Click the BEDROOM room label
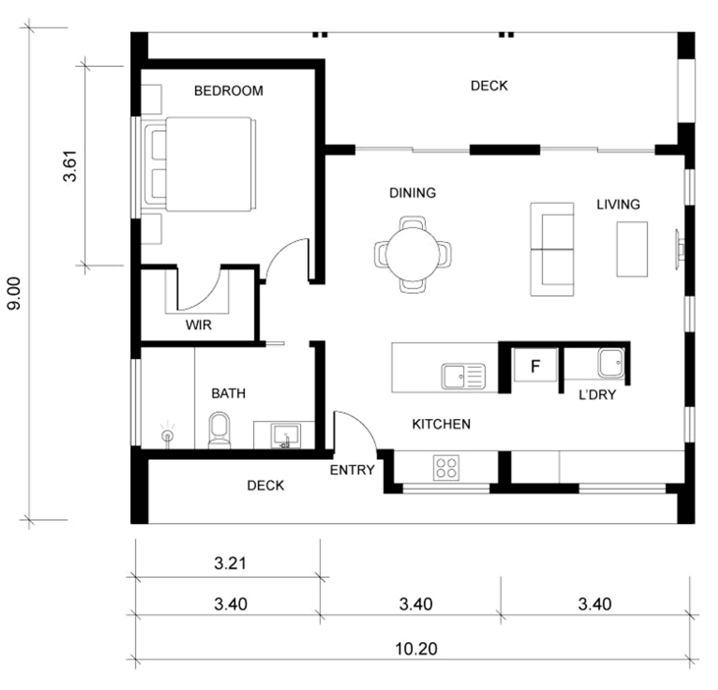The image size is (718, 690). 229,91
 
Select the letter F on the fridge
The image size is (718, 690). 535,366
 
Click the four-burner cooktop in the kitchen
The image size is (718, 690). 446,468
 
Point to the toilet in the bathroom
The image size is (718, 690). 219,430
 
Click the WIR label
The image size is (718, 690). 198,325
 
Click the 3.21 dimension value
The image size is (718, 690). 230,563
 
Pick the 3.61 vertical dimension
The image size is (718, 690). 70,166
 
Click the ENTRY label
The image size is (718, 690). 352,470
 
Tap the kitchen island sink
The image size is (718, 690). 463,376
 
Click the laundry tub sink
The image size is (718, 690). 611,363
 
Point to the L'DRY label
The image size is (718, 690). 597,395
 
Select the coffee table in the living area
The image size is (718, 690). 632,249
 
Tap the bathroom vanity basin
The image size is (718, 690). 286,436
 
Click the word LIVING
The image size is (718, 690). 618,204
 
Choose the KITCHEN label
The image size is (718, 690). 441,424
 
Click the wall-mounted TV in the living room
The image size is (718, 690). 679,250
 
